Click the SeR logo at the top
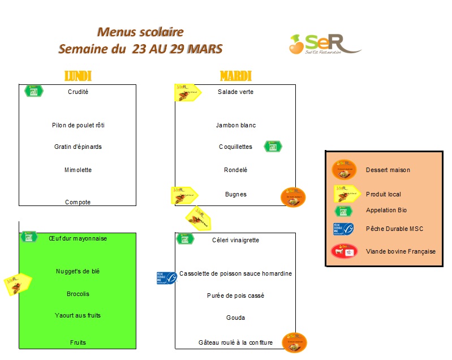coord(325,44)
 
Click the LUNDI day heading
coord(78,76)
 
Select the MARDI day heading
coord(235,76)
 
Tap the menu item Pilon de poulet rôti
coord(78,125)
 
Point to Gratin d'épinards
coord(78,147)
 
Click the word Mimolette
coord(78,170)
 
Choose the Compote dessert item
coord(78,202)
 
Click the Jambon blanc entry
coord(235,125)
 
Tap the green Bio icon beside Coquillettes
coord(273,147)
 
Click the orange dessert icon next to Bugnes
coord(293,197)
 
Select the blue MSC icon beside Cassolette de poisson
coord(167,277)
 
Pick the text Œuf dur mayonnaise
coord(78,238)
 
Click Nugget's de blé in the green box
coord(78,272)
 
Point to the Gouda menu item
coord(235,318)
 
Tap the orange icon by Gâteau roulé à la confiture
coord(294,342)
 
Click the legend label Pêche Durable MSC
coord(394,229)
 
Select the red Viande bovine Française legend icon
coord(344,251)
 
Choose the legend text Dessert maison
coord(388,170)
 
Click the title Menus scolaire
coord(140,32)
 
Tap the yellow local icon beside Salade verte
coord(187,92)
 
